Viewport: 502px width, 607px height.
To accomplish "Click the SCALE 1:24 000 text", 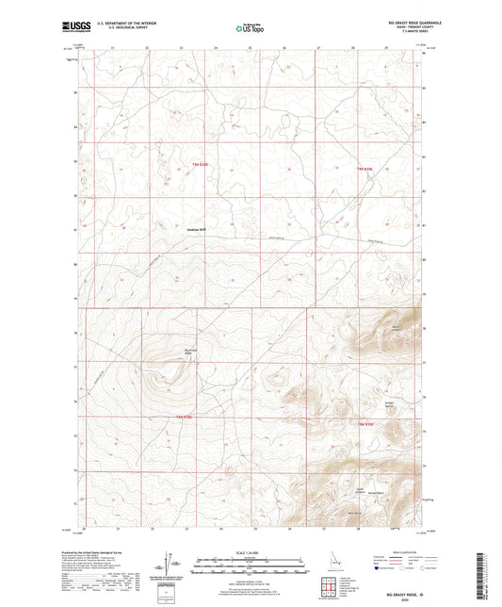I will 251,552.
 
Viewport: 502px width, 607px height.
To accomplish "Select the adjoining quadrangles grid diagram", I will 332,577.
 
